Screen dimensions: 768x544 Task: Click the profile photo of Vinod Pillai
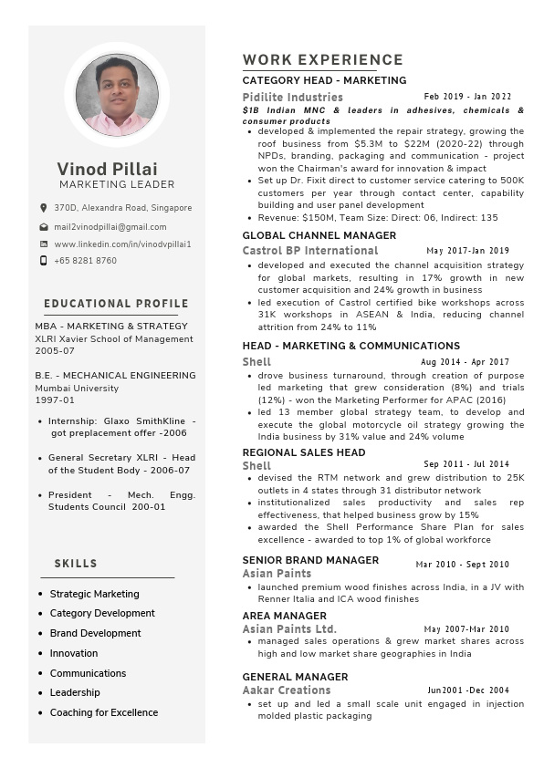click(117, 95)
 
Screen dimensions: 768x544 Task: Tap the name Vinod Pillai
click(107, 169)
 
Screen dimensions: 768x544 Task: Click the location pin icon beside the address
click(43, 208)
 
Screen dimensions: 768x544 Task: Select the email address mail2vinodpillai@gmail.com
click(110, 226)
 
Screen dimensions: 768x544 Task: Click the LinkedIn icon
click(43, 244)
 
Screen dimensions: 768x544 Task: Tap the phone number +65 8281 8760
click(85, 261)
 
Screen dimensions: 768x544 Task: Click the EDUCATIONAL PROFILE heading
click(116, 304)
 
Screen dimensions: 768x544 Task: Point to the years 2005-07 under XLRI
click(55, 350)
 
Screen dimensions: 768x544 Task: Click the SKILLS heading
click(76, 564)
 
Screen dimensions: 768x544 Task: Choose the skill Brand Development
click(95, 633)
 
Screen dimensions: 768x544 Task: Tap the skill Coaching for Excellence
click(103, 712)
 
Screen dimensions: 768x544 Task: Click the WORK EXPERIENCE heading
click(322, 60)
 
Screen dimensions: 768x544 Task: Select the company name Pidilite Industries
click(292, 97)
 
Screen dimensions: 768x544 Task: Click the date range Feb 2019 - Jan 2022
click(467, 97)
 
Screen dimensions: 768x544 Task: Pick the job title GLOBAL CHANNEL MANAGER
click(319, 235)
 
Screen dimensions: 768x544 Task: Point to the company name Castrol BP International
click(309, 250)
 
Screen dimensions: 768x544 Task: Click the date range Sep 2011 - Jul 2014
click(466, 465)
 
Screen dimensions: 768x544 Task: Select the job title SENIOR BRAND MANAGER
click(310, 560)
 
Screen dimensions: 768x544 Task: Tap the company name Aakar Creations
click(286, 690)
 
